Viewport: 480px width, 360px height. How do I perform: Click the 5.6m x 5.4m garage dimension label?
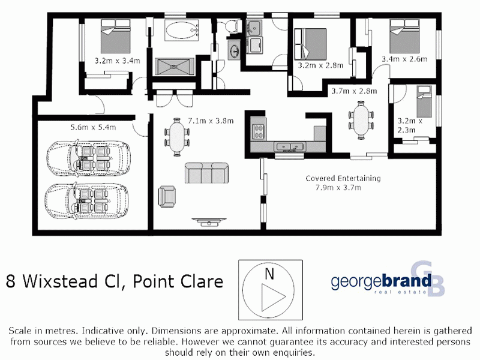[93, 127]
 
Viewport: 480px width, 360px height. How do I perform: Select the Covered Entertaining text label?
[343, 178]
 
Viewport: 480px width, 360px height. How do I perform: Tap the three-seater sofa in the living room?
[206, 173]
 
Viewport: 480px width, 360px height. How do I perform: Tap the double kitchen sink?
[290, 146]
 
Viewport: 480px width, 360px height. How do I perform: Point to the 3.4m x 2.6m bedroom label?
[404, 59]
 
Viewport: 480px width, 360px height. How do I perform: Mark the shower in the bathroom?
[175, 65]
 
